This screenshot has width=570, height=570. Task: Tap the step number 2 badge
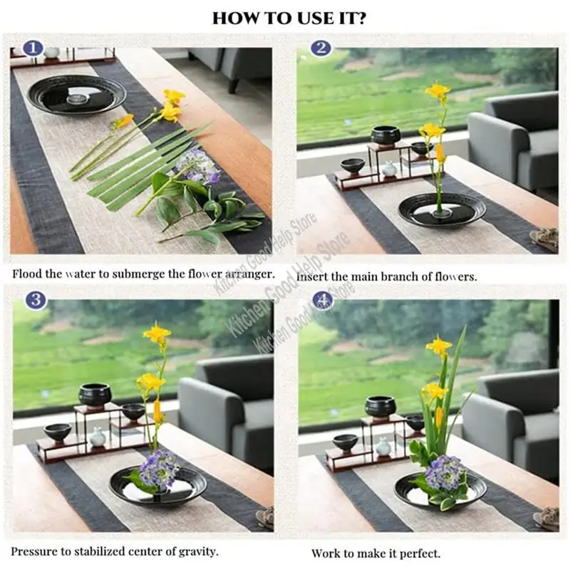(x=321, y=48)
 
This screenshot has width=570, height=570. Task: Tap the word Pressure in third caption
(x=34, y=551)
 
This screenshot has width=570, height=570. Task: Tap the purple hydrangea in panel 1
(x=198, y=166)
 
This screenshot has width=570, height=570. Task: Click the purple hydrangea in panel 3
(x=160, y=468)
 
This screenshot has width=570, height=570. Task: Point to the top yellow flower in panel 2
(x=437, y=91)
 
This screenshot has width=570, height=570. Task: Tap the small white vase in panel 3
(x=98, y=437)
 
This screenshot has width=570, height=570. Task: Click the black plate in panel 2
(x=442, y=209)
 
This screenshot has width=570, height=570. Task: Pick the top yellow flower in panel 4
(x=439, y=346)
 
